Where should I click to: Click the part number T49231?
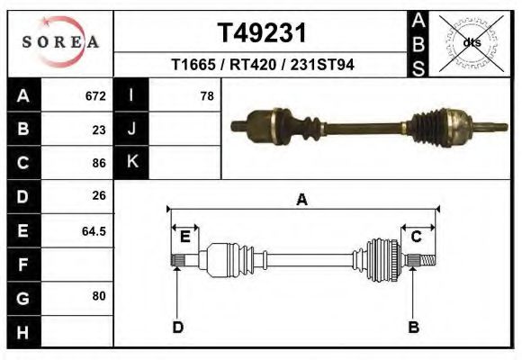click(262, 32)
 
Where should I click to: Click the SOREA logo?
click(60, 42)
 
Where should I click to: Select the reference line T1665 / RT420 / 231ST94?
click(262, 66)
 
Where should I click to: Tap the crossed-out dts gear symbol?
click(471, 41)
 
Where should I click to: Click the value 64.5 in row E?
click(94, 230)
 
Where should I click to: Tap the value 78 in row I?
click(206, 95)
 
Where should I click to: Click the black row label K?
click(131, 162)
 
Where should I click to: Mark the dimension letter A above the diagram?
click(301, 200)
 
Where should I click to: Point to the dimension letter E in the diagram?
click(184, 237)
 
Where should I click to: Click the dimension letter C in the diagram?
click(417, 237)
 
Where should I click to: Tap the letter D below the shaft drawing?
click(178, 327)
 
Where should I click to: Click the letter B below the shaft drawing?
click(414, 327)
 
